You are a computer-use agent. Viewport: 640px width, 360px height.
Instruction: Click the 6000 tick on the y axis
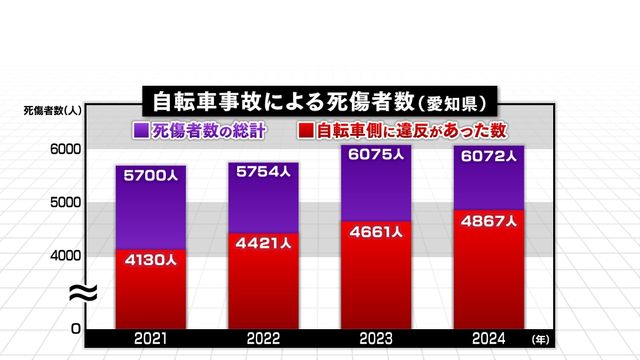coord(64,149)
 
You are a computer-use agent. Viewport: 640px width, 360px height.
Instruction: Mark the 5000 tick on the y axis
coord(64,202)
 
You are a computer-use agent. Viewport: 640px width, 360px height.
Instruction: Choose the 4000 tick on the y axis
coord(64,255)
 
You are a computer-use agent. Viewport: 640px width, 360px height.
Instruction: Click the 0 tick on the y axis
coord(75,328)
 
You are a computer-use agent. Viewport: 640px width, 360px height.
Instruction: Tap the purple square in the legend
coord(141,130)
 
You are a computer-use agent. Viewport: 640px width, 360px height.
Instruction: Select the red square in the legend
coord(305,130)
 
